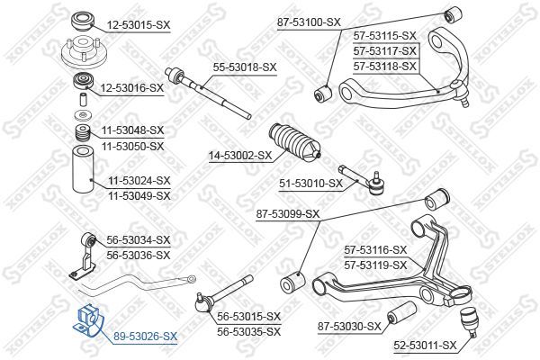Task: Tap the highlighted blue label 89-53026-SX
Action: [x=146, y=336]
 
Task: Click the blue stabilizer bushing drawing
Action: [x=90, y=319]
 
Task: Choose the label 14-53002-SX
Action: [x=240, y=155]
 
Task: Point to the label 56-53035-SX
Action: [x=249, y=331]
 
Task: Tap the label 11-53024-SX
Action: [x=139, y=180]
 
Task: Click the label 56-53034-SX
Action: [x=139, y=240]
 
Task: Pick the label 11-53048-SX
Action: [x=132, y=130]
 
